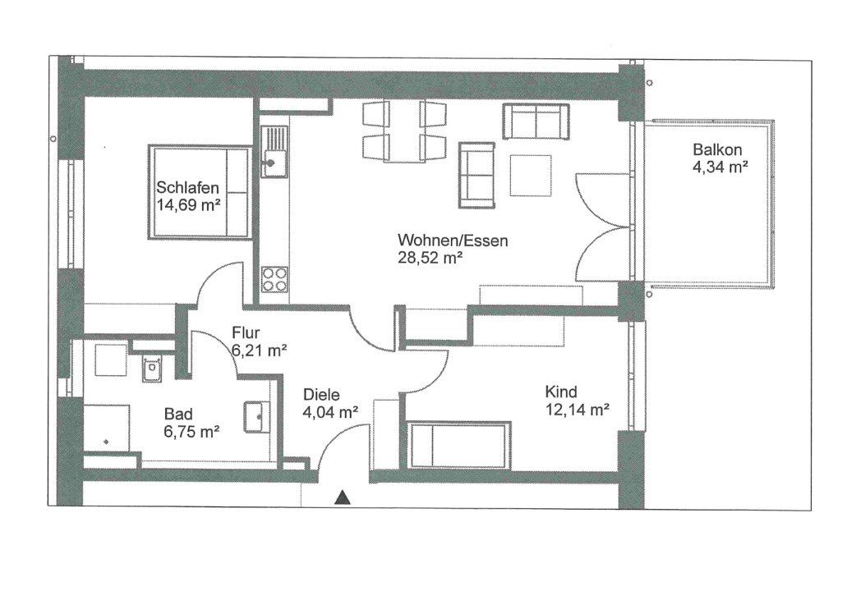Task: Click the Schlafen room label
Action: tap(188, 188)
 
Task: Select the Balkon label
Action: tap(717, 149)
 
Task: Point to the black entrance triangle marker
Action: tap(343, 497)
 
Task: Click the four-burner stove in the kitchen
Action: tap(274, 279)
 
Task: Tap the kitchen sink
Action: tap(274, 152)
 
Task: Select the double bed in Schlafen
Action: tap(200, 192)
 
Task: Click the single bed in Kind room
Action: tap(458, 445)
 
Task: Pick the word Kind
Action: tap(560, 392)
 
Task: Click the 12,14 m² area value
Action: tap(577, 410)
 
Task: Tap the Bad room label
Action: tap(178, 415)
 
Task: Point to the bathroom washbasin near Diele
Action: tap(257, 416)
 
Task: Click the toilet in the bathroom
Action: tap(151, 369)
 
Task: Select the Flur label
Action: tap(246, 332)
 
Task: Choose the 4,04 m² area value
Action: tap(330, 412)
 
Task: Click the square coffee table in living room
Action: tap(531, 175)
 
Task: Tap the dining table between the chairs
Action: tap(405, 131)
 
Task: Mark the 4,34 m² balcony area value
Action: tap(720, 167)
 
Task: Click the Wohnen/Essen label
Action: tap(453, 241)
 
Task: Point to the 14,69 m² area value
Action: tap(188, 205)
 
